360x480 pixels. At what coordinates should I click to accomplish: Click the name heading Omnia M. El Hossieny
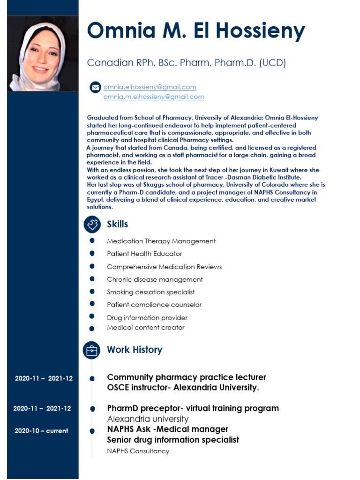click(196, 31)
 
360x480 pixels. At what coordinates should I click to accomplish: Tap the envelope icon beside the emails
click(95, 87)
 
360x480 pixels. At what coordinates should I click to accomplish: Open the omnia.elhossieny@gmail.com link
click(150, 87)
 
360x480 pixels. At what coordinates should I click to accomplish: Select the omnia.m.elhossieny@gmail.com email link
click(153, 97)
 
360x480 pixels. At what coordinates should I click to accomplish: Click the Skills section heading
click(117, 225)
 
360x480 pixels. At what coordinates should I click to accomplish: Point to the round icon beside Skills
click(92, 225)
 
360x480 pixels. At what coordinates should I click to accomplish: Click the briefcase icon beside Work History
click(92, 350)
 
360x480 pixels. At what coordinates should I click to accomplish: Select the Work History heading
click(135, 350)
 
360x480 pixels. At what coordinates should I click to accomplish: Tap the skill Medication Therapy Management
click(161, 241)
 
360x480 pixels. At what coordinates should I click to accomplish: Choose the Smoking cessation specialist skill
click(150, 292)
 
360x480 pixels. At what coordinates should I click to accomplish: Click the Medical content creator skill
click(146, 328)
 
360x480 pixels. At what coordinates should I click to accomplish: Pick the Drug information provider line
click(147, 318)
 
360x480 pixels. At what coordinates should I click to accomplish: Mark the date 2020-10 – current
click(41, 431)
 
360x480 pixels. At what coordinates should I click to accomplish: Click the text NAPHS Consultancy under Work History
click(138, 451)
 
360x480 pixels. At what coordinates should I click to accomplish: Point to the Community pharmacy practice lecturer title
click(187, 377)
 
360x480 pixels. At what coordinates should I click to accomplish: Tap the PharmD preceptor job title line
click(193, 408)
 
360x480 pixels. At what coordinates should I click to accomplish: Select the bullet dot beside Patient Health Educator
click(92, 254)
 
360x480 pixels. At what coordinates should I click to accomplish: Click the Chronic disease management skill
click(155, 279)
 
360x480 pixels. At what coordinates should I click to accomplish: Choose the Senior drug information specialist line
click(173, 440)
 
